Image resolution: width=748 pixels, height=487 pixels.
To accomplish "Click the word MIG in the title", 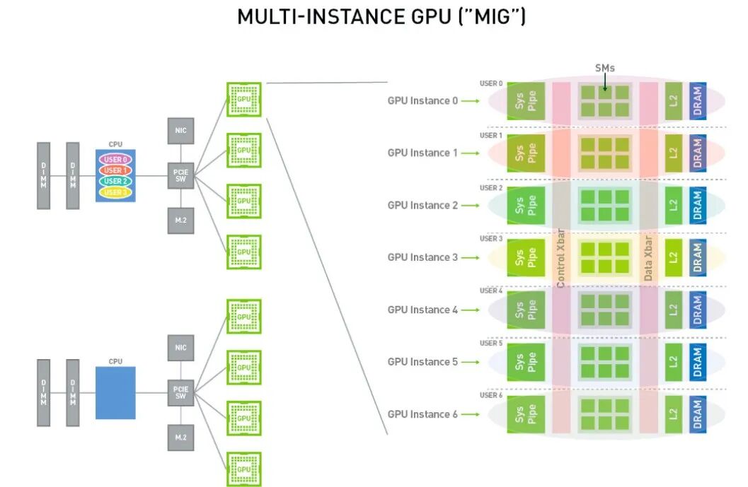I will [495, 16].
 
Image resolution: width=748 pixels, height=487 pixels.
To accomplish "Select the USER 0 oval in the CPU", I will [115, 160].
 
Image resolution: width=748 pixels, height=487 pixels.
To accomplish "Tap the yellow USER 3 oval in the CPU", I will [115, 192].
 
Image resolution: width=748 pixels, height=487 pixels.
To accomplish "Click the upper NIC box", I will [180, 130].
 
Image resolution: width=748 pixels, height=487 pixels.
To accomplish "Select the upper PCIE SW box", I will [180, 175].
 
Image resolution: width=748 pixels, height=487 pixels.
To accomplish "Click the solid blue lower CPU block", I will [115, 393].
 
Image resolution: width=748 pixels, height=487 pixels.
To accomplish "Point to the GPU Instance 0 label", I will [422, 100].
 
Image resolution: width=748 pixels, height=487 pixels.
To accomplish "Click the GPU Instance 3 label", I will [422, 257].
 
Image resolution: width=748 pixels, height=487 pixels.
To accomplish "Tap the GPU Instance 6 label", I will [422, 414].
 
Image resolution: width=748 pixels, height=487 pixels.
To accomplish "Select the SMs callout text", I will [605, 68].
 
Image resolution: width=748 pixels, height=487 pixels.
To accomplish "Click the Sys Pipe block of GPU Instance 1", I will [526, 153].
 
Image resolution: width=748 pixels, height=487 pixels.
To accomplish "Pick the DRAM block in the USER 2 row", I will [698, 205].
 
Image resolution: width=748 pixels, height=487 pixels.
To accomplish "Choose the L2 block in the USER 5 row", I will [673, 362].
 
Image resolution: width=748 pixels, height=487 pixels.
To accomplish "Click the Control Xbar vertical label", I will [560, 257].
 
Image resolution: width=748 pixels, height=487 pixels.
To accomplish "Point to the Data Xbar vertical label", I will [648, 257].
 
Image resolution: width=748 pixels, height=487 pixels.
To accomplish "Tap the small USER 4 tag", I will [491, 291].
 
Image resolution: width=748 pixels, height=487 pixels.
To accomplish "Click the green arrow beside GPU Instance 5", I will [470, 362].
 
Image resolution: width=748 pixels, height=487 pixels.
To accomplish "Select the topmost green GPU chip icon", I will [244, 100].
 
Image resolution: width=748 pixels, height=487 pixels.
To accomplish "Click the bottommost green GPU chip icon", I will [244, 469].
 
